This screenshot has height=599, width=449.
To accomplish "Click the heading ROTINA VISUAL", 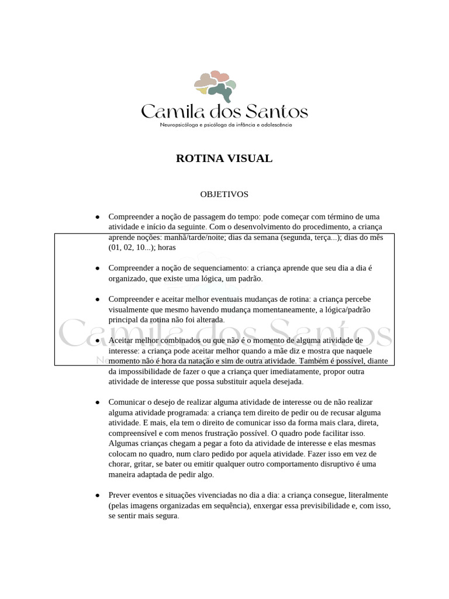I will tap(224, 159).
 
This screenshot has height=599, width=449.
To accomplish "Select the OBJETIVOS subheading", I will tap(224, 194).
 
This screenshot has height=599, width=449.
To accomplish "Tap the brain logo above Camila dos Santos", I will tap(215, 85).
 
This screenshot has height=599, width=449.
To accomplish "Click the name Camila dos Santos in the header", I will tap(224, 111).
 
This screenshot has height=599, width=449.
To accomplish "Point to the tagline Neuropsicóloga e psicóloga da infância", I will tap(226, 125).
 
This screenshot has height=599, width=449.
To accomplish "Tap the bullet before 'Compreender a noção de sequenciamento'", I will tap(97, 268).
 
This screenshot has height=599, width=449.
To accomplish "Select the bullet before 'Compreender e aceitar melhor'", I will tap(97, 299).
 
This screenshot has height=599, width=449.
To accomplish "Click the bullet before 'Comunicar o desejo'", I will tap(97, 402).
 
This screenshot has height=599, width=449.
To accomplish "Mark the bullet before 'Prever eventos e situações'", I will tap(97, 495).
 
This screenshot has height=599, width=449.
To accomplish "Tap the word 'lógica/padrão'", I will tap(349, 309).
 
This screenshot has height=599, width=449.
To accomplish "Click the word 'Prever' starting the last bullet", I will tap(120, 495).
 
